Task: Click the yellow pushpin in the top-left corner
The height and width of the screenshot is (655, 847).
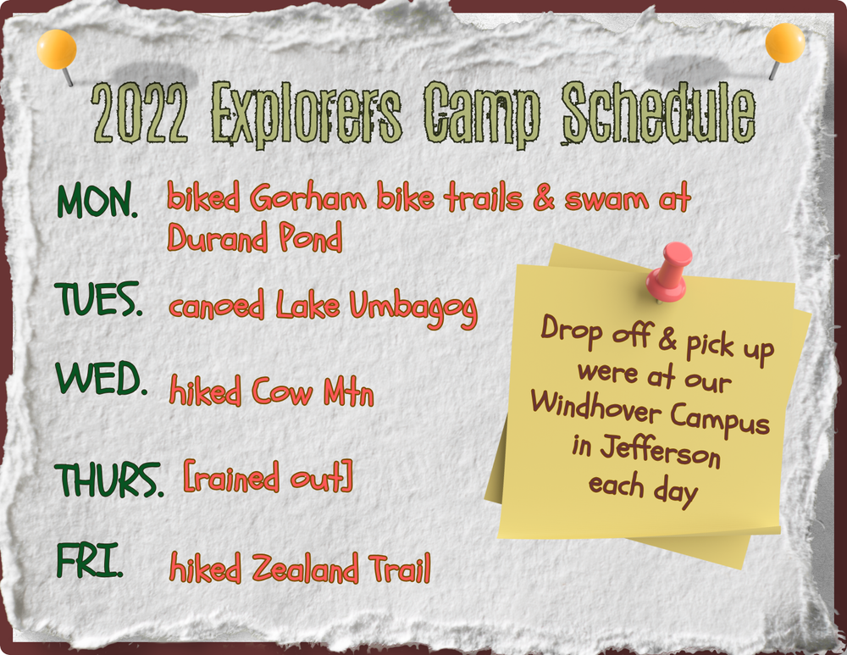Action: pos(57,50)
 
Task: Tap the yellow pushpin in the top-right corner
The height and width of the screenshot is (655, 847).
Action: pos(784,44)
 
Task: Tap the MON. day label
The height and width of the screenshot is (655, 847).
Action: pos(97,201)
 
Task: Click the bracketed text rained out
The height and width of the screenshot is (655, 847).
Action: pos(268,479)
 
